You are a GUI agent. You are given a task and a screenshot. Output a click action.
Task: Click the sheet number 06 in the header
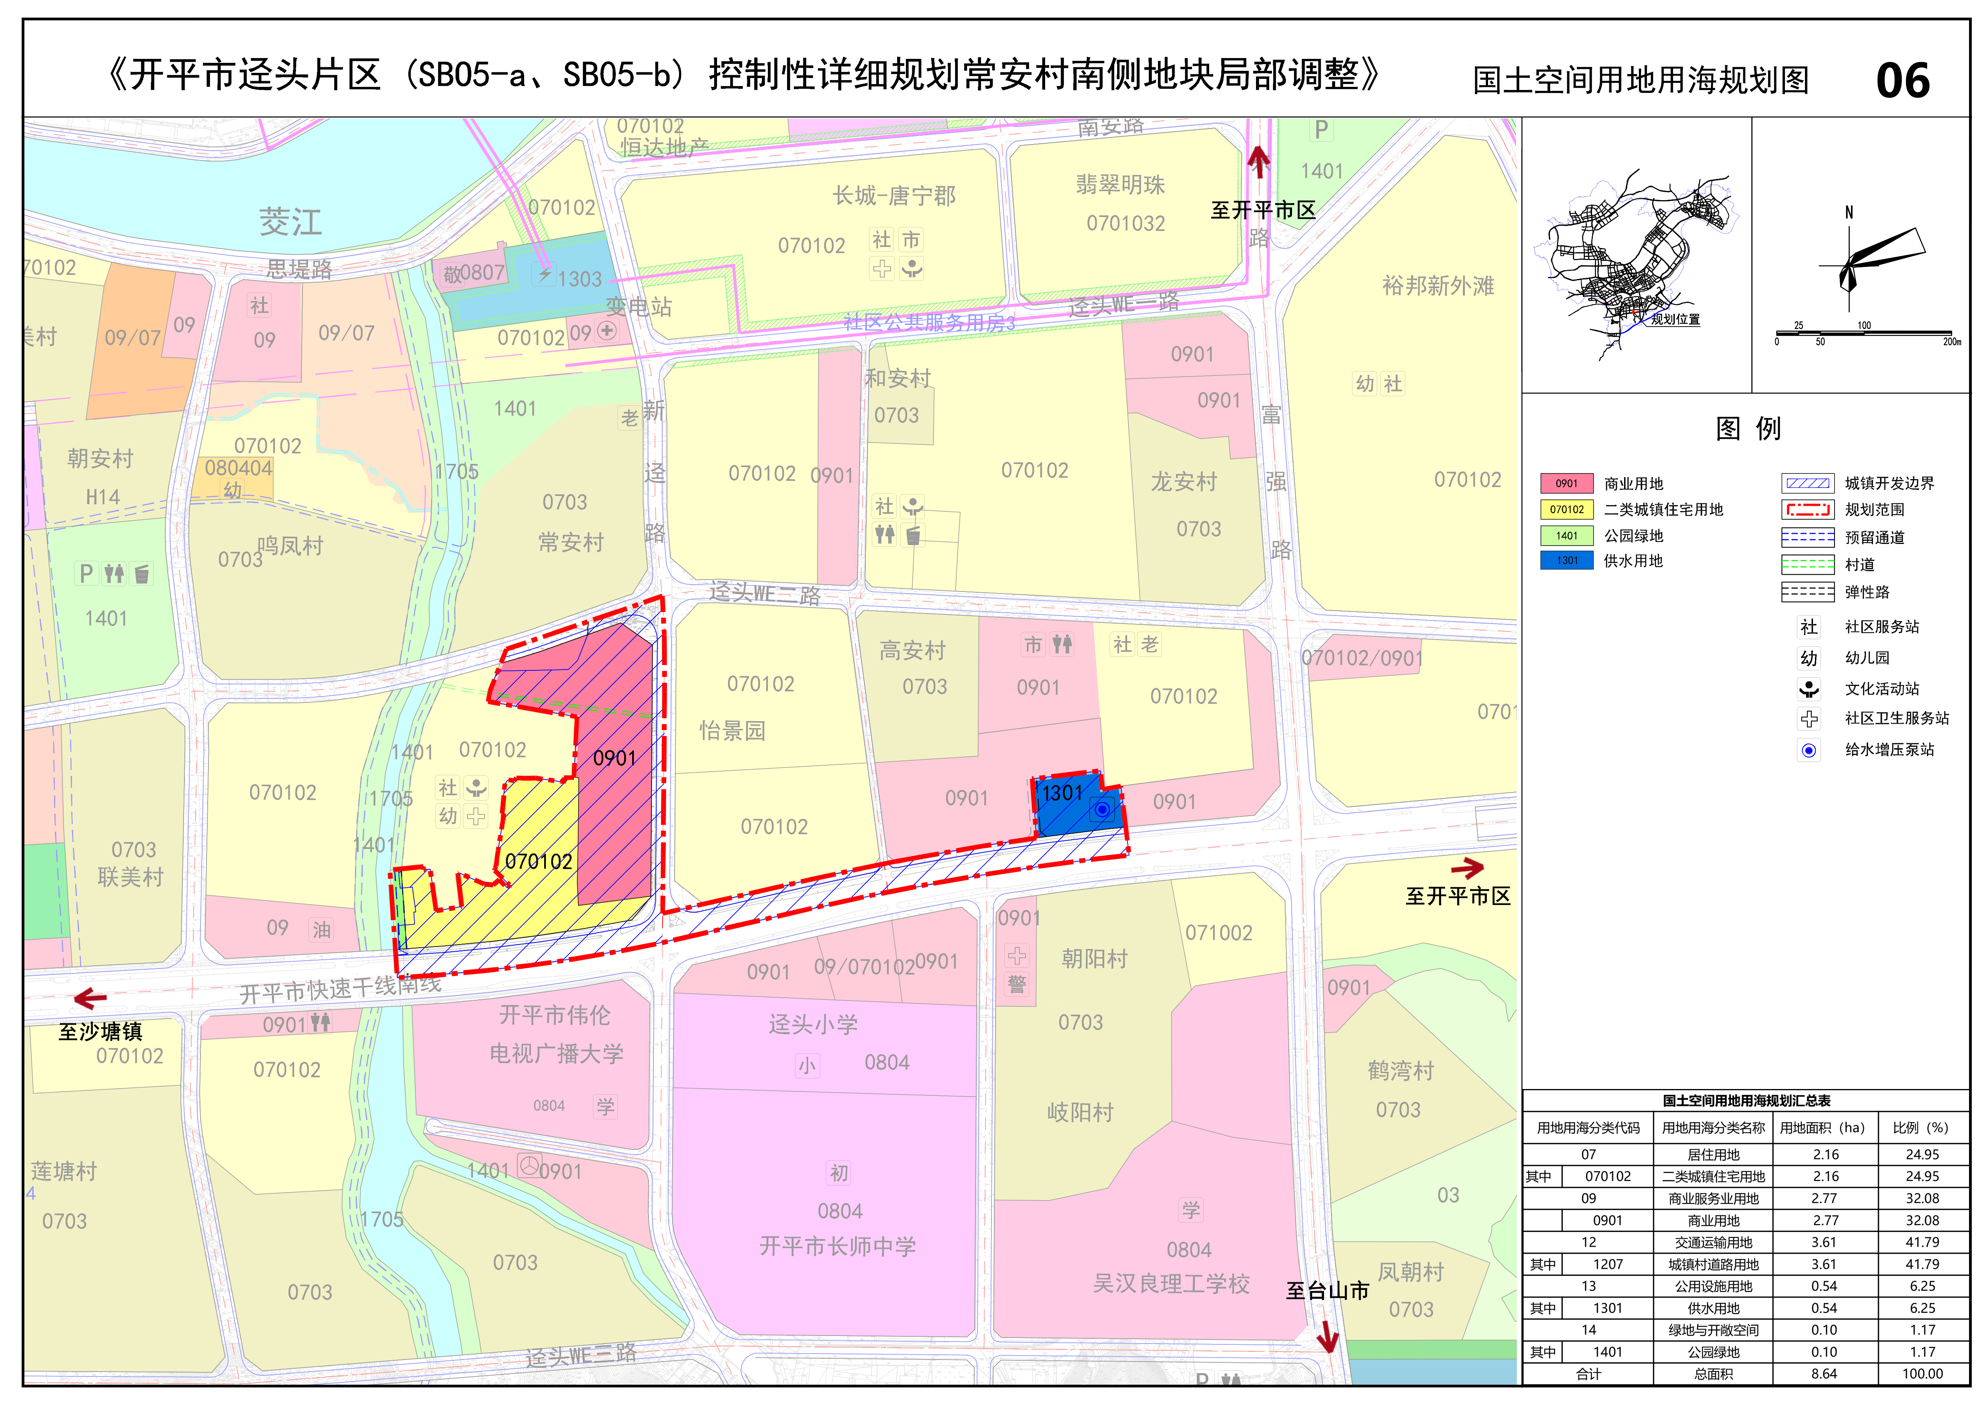pos(1902,80)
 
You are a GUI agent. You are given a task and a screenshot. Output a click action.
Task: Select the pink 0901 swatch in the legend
pos(1566,483)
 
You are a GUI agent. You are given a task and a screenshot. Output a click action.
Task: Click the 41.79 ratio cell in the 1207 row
pos(1922,1264)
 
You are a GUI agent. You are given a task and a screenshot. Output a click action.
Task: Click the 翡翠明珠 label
pos(1120,184)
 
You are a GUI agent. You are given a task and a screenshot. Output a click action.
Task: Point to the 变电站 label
pos(638,307)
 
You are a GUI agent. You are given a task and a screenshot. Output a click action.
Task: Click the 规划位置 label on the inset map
pos(1675,319)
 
